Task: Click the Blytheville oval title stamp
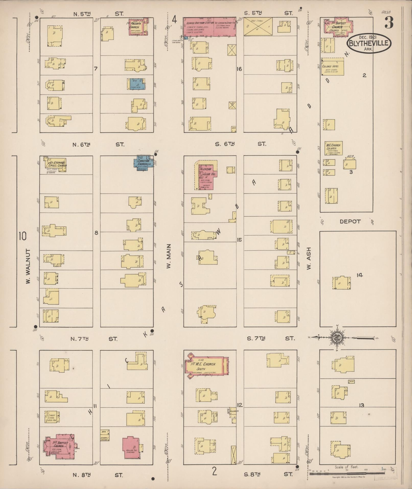[x=369, y=43]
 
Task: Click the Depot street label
[x=350, y=222]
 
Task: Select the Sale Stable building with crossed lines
[x=258, y=27]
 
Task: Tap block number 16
[x=239, y=69]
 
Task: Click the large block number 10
[x=22, y=236]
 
